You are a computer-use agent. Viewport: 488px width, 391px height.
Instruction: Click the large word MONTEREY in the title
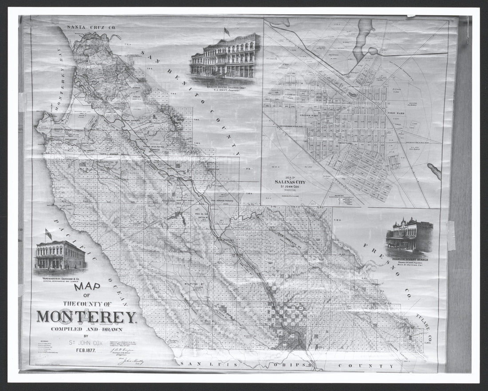point(87,317)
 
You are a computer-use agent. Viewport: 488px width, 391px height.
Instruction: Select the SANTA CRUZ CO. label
point(91,27)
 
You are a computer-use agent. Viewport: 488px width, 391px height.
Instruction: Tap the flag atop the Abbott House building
point(227,32)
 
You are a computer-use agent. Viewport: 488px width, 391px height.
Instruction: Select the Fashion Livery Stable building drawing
point(409,235)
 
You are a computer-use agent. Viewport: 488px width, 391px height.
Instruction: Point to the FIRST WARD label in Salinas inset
point(397,114)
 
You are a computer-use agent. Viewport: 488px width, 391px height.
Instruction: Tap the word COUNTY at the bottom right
point(366,366)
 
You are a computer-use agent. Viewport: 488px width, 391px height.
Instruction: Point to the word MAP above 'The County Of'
point(87,287)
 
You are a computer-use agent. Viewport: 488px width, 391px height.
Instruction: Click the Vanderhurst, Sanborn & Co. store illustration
point(60,256)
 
